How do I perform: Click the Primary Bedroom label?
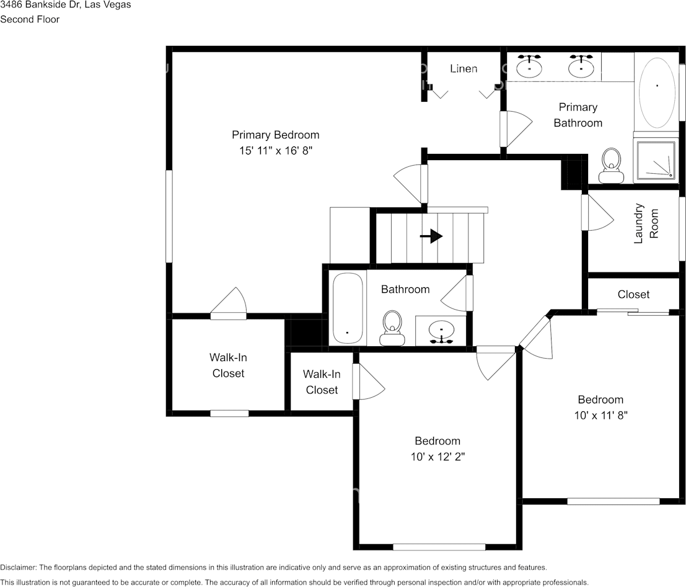[275, 135]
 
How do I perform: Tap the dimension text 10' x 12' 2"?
[437, 457]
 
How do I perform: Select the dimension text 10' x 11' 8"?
[600, 415]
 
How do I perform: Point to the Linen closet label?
[464, 68]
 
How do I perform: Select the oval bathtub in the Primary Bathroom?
[657, 92]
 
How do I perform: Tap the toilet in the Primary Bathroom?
[612, 166]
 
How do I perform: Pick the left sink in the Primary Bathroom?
[529, 66]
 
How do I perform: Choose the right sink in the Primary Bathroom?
[581, 66]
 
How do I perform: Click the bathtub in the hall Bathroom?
[347, 308]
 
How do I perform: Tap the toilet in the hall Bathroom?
[392, 328]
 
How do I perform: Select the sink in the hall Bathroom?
[441, 330]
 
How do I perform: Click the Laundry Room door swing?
[596, 213]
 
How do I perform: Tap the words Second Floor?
[30, 19]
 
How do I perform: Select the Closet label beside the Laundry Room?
[633, 294]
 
